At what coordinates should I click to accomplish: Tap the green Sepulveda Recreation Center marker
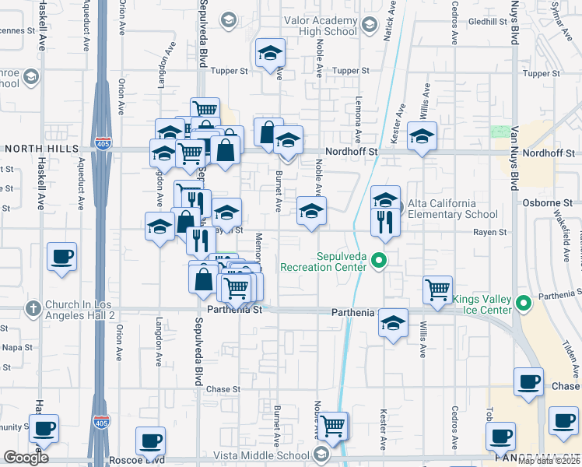point(379,261)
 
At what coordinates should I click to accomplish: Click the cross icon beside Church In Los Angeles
point(33,308)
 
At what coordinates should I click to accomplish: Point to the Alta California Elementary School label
point(453,209)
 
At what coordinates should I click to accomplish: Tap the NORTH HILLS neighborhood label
point(41,148)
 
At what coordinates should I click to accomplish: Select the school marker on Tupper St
point(271,54)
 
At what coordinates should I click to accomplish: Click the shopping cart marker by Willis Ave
point(438,290)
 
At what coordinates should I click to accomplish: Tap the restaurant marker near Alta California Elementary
point(385,221)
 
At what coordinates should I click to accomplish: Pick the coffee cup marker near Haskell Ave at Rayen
point(61,256)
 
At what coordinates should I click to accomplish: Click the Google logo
point(26,458)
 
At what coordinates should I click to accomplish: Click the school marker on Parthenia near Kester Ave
point(394,323)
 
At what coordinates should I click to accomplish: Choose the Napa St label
point(16,347)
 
